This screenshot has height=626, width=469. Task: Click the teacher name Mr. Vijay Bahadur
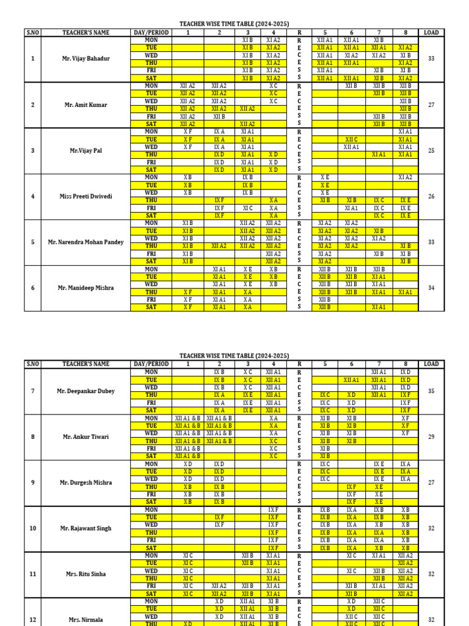pos(85,59)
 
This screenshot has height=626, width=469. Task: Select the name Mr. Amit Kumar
pos(85,105)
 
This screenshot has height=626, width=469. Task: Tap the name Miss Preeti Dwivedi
pos(85,196)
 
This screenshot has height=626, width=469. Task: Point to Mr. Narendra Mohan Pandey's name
pos(85,242)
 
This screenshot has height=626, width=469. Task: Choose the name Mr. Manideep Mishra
pos(85,287)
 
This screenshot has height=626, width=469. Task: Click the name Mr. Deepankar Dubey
pos(85,391)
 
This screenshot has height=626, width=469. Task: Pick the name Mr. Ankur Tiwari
pos(85,436)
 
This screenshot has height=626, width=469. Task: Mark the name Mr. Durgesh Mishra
pos(85,482)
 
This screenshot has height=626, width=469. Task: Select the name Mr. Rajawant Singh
pos(85,528)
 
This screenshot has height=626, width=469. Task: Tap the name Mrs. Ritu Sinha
pos(85,574)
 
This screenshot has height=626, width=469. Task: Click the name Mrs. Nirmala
pos(85,619)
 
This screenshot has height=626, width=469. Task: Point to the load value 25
pos(431,150)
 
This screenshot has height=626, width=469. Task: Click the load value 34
pos(431,287)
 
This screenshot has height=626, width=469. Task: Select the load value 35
pos(431,391)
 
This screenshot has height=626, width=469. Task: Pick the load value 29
pos(431,436)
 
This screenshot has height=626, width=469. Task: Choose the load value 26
pos(431,196)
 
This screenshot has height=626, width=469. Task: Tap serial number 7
pos(32,391)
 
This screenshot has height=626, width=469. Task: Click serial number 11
pos(32,574)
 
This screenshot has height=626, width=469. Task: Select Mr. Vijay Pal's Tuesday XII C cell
pos(351,139)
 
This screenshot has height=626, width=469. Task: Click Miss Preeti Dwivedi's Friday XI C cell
pos(247,208)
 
